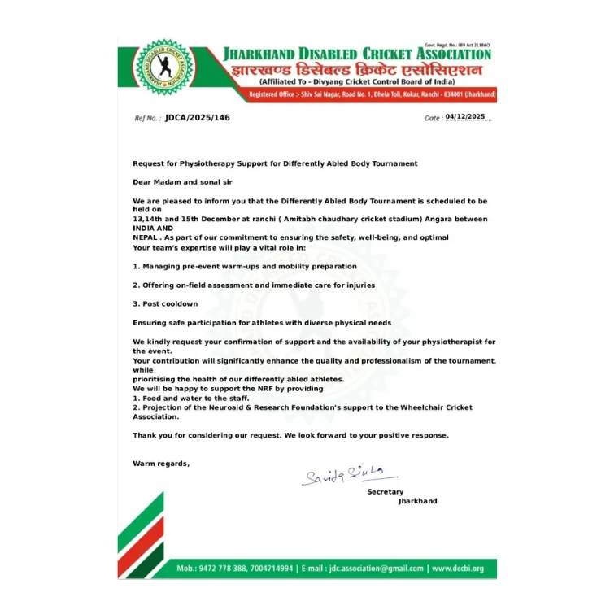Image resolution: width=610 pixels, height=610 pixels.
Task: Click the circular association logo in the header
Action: (163, 68)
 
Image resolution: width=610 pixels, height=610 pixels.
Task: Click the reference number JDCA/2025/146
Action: (197, 118)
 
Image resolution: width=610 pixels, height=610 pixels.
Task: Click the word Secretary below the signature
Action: (386, 492)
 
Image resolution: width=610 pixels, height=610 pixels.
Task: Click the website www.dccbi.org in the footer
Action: (458, 569)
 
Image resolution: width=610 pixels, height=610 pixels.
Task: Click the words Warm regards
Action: (161, 464)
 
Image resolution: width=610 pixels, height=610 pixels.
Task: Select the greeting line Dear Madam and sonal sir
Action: (183, 182)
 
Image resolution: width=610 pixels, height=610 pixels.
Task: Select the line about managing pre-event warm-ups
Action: (245, 266)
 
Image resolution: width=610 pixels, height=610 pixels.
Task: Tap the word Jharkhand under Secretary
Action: (417, 501)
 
